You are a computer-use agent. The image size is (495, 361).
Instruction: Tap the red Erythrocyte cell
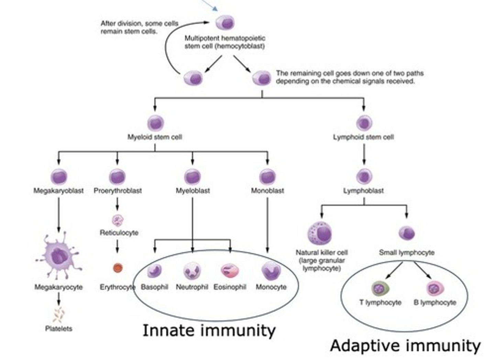118,268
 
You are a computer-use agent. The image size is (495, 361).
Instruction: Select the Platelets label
59,329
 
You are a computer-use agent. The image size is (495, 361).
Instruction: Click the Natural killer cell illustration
320,234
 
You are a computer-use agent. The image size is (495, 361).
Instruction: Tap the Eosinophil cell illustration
230,271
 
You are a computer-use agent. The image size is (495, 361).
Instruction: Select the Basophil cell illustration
155,271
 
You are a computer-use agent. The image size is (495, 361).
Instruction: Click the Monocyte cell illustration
271,271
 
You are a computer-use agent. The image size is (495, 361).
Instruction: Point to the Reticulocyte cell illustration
118,220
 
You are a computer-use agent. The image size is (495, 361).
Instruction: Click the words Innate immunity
209,330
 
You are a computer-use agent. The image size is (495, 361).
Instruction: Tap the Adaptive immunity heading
405,346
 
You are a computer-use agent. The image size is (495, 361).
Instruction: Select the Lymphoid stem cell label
363,137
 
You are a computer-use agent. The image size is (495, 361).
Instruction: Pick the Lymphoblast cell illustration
364,177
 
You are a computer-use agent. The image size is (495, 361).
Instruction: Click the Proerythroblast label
118,191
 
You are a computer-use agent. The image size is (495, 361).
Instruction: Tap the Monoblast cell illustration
267,177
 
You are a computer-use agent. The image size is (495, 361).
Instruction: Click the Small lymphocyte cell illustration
407,233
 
